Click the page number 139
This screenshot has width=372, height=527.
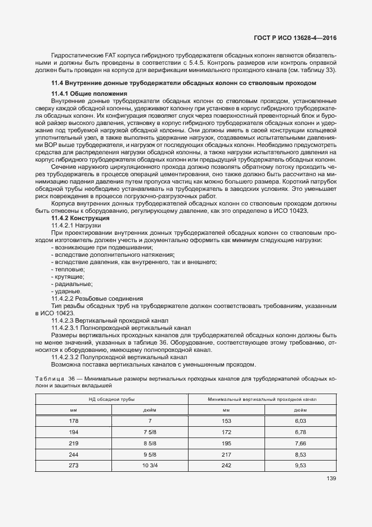pyautogui.click(x=331, y=479)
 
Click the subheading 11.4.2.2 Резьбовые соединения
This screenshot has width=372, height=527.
pyautogui.click(x=97, y=298)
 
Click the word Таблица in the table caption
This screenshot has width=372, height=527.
pyautogui.click(x=49, y=378)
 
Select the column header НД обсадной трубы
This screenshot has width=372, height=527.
pyautogui.click(x=111, y=399)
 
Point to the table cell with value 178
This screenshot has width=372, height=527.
pyautogui.click(x=74, y=421)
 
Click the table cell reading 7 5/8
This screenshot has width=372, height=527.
pyautogui.click(x=149, y=432)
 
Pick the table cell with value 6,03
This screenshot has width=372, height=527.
pyautogui.click(x=299, y=421)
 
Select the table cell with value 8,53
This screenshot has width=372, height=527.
pyautogui.click(x=299, y=454)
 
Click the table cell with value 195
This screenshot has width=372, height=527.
pyautogui.click(x=226, y=443)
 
